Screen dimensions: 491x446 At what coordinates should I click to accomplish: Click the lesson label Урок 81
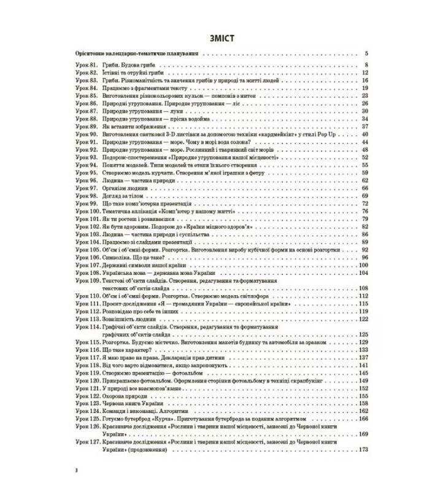click(x=83, y=66)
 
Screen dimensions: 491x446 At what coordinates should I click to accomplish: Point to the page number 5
click(x=365, y=53)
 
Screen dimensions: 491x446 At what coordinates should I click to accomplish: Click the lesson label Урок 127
click(x=85, y=442)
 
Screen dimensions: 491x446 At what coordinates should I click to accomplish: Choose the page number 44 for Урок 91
click(x=364, y=142)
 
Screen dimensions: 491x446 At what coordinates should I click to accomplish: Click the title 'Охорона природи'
click(x=124, y=396)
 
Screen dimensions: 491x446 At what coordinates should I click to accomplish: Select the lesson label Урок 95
click(x=83, y=172)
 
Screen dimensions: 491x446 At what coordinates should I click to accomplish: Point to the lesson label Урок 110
click(x=85, y=296)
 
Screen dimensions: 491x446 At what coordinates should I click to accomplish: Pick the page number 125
click(x=362, y=334)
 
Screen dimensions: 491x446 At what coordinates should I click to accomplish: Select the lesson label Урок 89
click(x=83, y=126)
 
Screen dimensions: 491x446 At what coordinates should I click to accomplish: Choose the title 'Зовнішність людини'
click(x=129, y=319)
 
